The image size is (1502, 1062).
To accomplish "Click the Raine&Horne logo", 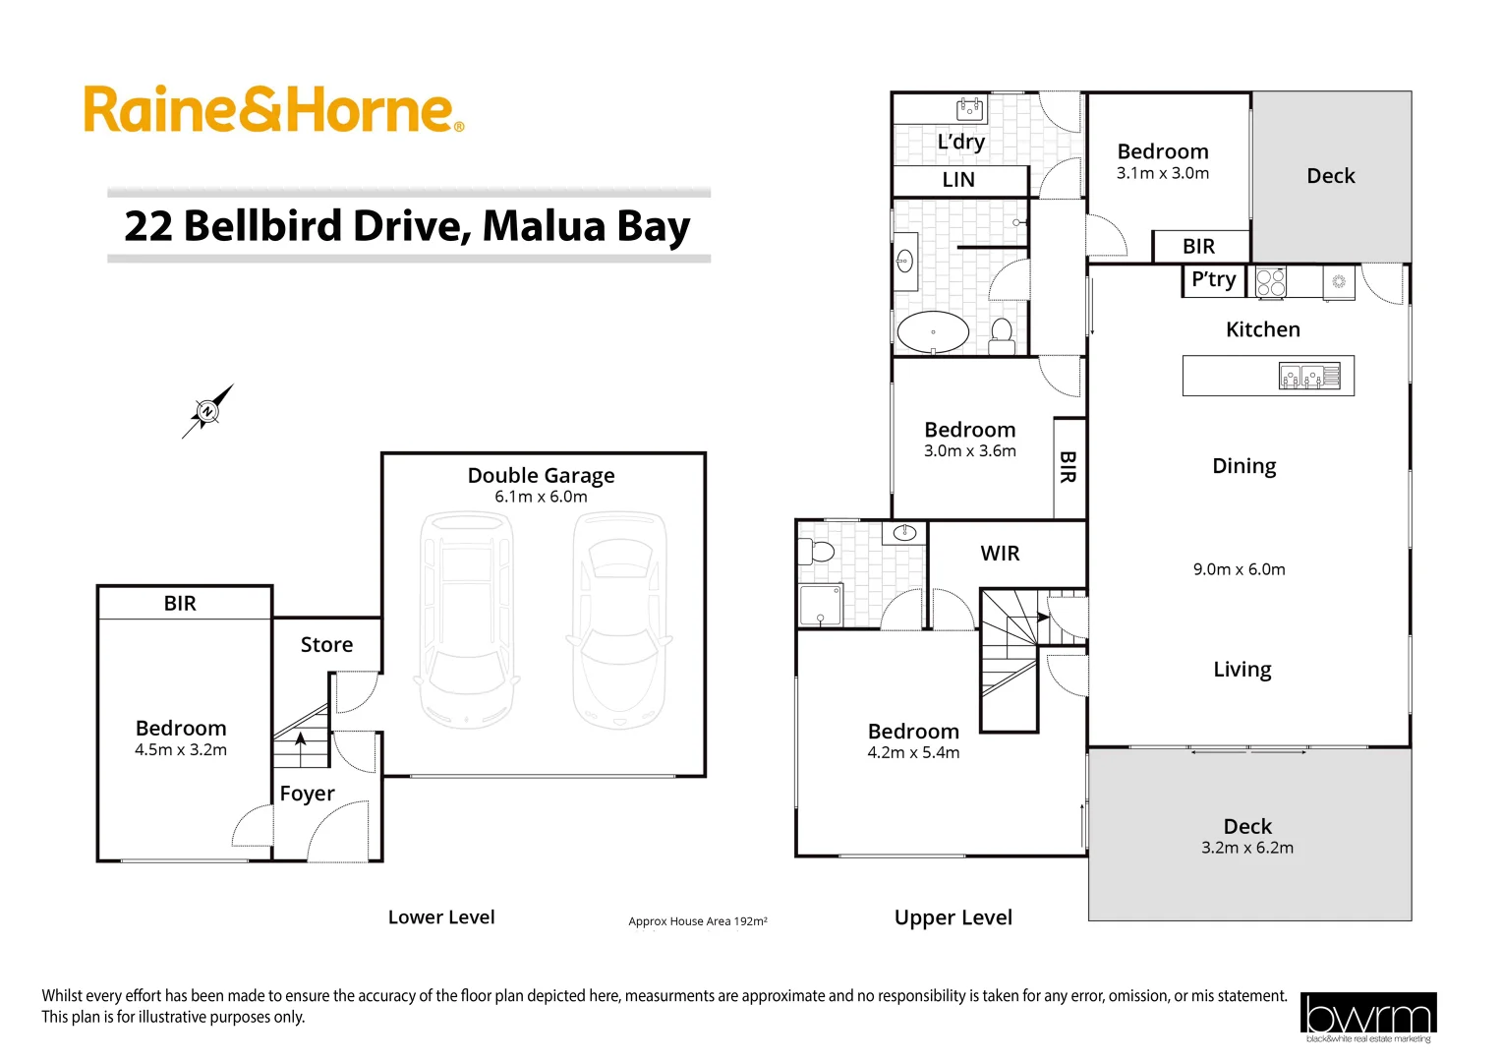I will click(x=272, y=109).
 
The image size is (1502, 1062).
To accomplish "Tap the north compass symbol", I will click(x=207, y=411).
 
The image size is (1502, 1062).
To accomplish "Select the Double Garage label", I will click(x=541, y=476).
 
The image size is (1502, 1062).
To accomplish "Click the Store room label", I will click(x=326, y=645).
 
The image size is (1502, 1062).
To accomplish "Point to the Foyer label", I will click(x=307, y=794).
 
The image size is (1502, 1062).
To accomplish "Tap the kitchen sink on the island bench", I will click(x=1300, y=376).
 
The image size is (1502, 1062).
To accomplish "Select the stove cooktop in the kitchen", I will click(x=1270, y=282).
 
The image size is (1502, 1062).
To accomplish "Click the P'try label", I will click(x=1213, y=280).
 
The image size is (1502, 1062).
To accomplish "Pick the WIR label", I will click(x=1000, y=554).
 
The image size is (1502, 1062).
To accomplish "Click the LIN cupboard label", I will click(x=958, y=180).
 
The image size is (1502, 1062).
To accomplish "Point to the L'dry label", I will click(x=960, y=143).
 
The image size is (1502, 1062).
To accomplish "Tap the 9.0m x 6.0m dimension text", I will click(x=1239, y=569).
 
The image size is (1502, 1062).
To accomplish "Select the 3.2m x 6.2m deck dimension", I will click(x=1246, y=848).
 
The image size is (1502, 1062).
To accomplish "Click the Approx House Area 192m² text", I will click(x=698, y=921).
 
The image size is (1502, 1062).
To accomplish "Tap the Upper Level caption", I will click(x=953, y=917).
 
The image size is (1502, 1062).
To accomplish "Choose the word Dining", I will click(x=1243, y=466).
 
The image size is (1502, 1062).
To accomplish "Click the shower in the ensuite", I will click(x=820, y=605).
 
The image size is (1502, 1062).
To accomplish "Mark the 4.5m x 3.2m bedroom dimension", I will click(x=181, y=750).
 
